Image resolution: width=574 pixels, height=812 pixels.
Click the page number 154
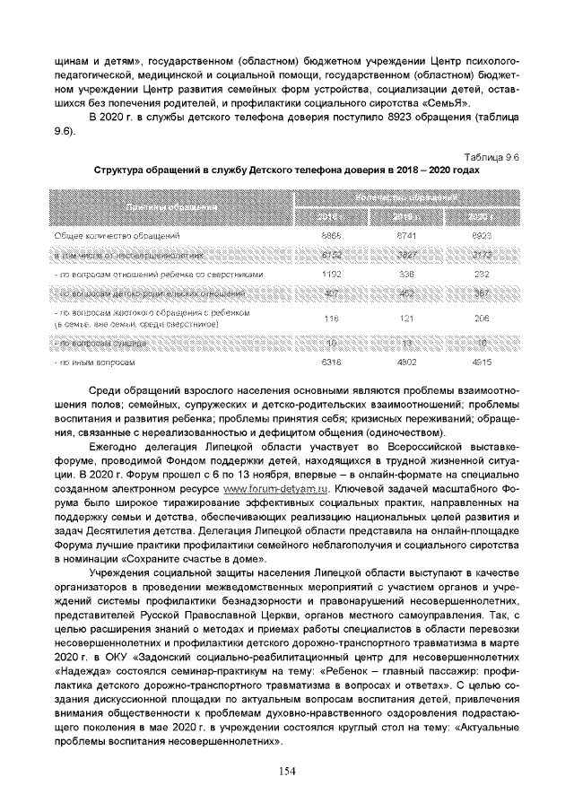[286, 770]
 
